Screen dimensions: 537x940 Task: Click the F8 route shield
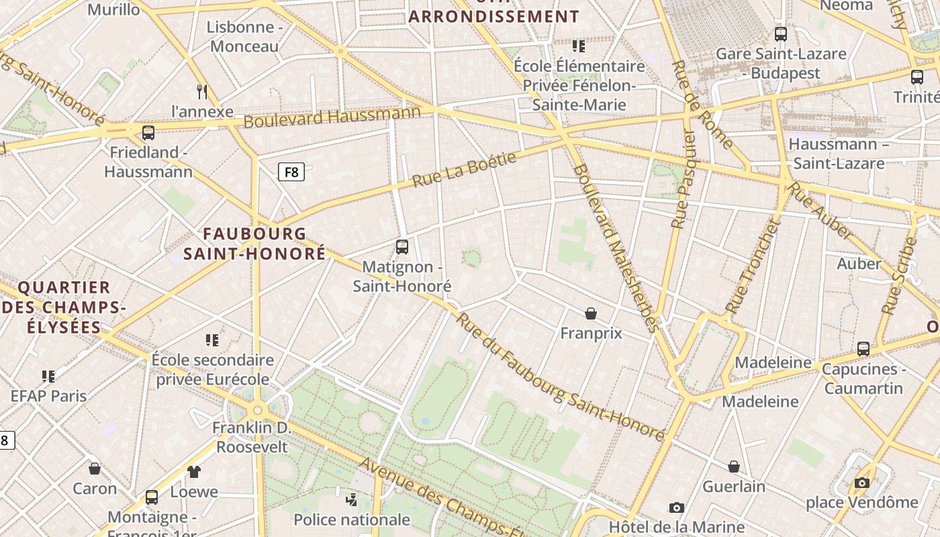pyautogui.click(x=291, y=172)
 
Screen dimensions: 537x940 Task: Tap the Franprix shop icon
pyautogui.click(x=591, y=313)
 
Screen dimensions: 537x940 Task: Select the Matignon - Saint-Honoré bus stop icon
pyautogui.click(x=402, y=247)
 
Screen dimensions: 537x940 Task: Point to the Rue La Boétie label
pyautogui.click(x=464, y=170)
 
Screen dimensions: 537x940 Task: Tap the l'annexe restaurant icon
pyautogui.click(x=202, y=91)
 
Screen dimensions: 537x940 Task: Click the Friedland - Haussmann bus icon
pyautogui.click(x=148, y=132)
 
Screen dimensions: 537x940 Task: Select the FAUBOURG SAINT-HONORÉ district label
pyautogui.click(x=254, y=244)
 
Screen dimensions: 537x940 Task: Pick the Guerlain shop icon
pyautogui.click(x=734, y=467)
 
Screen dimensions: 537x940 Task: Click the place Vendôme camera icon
pyautogui.click(x=862, y=483)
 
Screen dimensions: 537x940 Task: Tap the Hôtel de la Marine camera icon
pyautogui.click(x=676, y=508)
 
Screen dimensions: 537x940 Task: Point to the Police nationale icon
pyautogui.click(x=351, y=499)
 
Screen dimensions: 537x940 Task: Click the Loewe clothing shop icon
pyautogui.click(x=194, y=472)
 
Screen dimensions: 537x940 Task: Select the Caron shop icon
pyautogui.click(x=95, y=469)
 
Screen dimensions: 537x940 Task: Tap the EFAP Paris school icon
pyautogui.click(x=48, y=376)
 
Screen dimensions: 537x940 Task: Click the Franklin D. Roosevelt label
pyautogui.click(x=252, y=437)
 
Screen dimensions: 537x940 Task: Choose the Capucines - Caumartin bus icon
pyautogui.click(x=863, y=349)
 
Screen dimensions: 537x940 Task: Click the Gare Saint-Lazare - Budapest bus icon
pyautogui.click(x=781, y=34)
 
